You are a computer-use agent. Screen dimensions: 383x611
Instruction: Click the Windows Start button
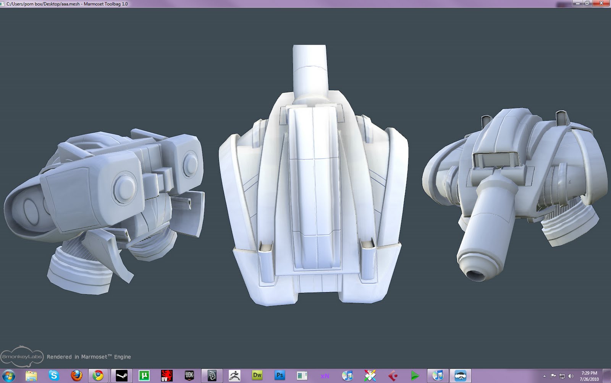click(9, 375)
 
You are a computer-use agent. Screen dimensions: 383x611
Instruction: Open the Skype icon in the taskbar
click(53, 375)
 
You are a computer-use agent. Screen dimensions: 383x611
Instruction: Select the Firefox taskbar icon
click(76, 375)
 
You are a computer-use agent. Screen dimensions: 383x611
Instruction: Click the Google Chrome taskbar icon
click(98, 375)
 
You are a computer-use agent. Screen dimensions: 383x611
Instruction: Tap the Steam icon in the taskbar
click(122, 375)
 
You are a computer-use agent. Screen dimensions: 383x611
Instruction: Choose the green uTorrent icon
click(144, 375)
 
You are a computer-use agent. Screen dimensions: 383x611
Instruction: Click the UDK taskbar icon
click(189, 375)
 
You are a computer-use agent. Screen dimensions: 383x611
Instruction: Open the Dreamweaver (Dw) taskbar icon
click(257, 375)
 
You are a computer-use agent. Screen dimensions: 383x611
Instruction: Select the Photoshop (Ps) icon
click(280, 375)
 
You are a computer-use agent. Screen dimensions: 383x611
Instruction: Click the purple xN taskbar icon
click(325, 376)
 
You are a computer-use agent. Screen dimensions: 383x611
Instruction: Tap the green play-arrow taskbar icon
click(415, 376)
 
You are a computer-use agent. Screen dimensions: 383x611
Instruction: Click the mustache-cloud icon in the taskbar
click(461, 375)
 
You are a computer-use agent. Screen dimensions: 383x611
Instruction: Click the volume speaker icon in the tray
click(571, 376)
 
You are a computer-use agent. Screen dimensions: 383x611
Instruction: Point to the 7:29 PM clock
click(589, 373)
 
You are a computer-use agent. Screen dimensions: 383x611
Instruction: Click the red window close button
click(601, 3)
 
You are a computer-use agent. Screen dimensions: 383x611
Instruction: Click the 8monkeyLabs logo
click(22, 356)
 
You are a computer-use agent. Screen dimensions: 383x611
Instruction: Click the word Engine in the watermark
click(122, 357)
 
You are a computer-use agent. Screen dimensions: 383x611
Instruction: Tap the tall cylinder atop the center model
click(310, 69)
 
